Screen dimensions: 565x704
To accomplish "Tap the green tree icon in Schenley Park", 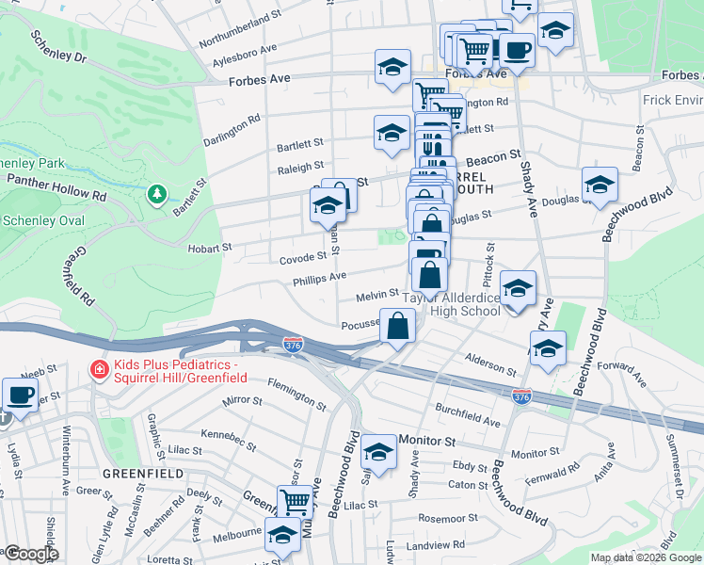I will coord(157,194).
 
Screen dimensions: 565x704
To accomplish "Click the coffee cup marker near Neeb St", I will coord(20,394).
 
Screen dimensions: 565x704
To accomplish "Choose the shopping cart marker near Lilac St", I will coord(295,502).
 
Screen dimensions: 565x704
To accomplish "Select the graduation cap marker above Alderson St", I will coord(547,348).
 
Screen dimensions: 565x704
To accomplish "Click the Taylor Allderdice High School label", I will coord(452,304).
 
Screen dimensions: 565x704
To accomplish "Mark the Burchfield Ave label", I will coord(468,414).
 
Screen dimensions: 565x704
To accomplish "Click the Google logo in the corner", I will coord(31,554).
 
